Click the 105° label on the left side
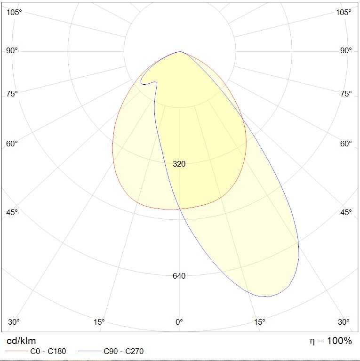coord(15,12)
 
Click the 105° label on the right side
coord(344,12)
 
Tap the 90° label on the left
coord(12,50)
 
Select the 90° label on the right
coord(346,50)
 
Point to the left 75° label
coord(12,94)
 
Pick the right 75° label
coord(346,94)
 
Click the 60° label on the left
coord(12,144)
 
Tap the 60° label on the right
coord(346,144)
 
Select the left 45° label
coord(12,212)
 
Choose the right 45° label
coord(346,212)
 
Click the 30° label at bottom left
coord(14,322)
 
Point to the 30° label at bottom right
coord(344,322)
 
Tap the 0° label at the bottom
coord(179,322)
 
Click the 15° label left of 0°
coord(99,322)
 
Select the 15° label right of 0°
coord(260,322)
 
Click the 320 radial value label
coord(179,164)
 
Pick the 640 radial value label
coord(179,276)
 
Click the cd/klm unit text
coord(21,341)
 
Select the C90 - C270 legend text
coord(123,351)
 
